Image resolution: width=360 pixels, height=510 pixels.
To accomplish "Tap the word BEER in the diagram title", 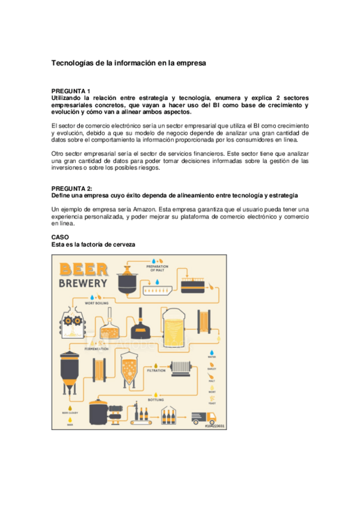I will point(83,269).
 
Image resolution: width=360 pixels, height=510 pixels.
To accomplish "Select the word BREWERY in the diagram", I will point(83,283).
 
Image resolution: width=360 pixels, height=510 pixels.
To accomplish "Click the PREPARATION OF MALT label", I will point(157,268).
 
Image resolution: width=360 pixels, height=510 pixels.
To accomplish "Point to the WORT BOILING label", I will point(95,304).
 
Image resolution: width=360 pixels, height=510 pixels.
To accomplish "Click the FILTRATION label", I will point(156,370).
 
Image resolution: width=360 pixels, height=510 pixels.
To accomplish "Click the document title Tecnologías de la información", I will point(129,63).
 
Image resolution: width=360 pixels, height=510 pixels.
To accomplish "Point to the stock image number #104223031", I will point(214,426).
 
